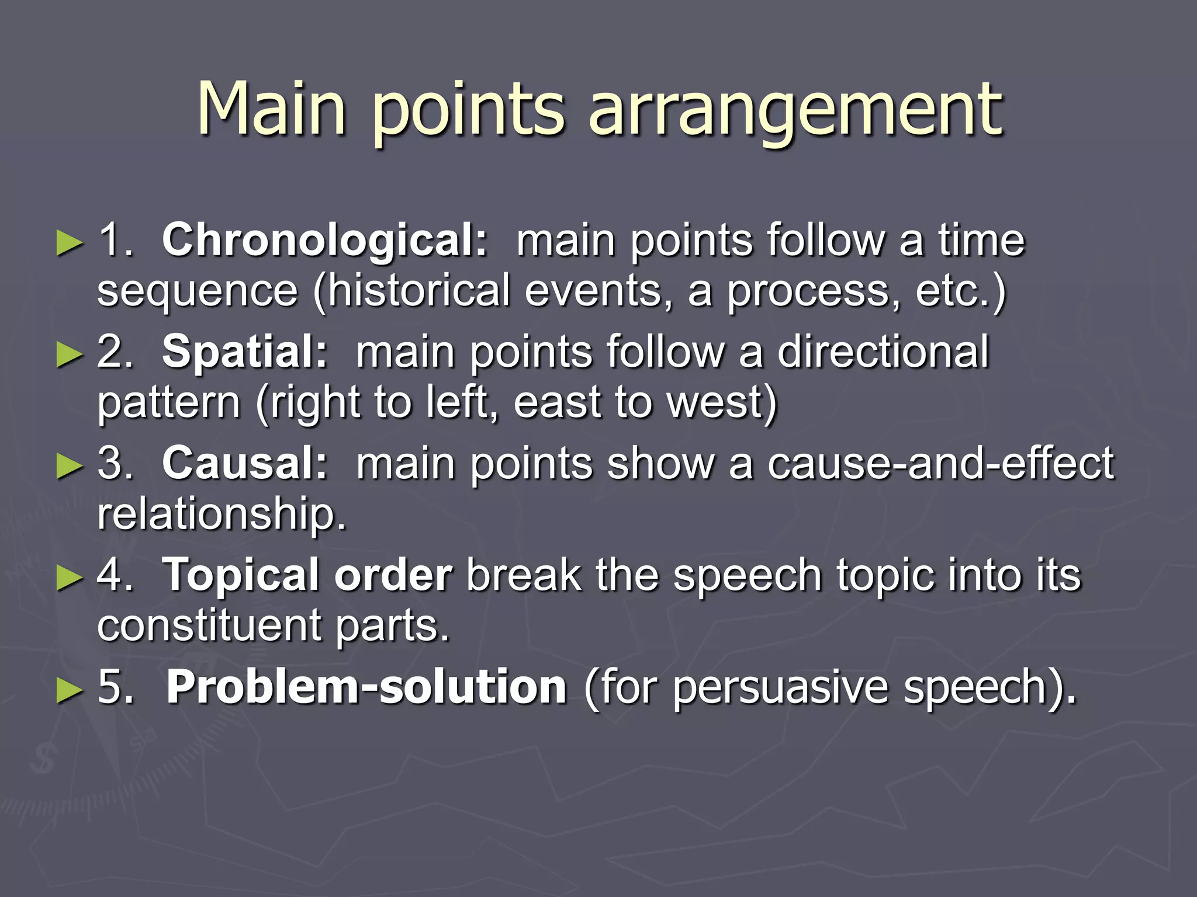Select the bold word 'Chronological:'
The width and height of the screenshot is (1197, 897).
point(324,240)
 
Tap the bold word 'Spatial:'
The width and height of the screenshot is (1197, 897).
point(245,352)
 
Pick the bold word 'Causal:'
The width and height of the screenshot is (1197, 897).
point(245,463)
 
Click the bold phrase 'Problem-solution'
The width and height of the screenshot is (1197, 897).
point(366,687)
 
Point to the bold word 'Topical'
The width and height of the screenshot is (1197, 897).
point(240,575)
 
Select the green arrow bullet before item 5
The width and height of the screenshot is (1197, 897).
point(70,690)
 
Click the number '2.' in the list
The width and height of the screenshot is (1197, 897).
point(115,352)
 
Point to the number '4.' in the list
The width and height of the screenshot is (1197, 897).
point(115,575)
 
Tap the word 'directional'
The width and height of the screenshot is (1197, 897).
point(883,352)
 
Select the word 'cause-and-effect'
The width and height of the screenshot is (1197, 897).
point(940,463)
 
